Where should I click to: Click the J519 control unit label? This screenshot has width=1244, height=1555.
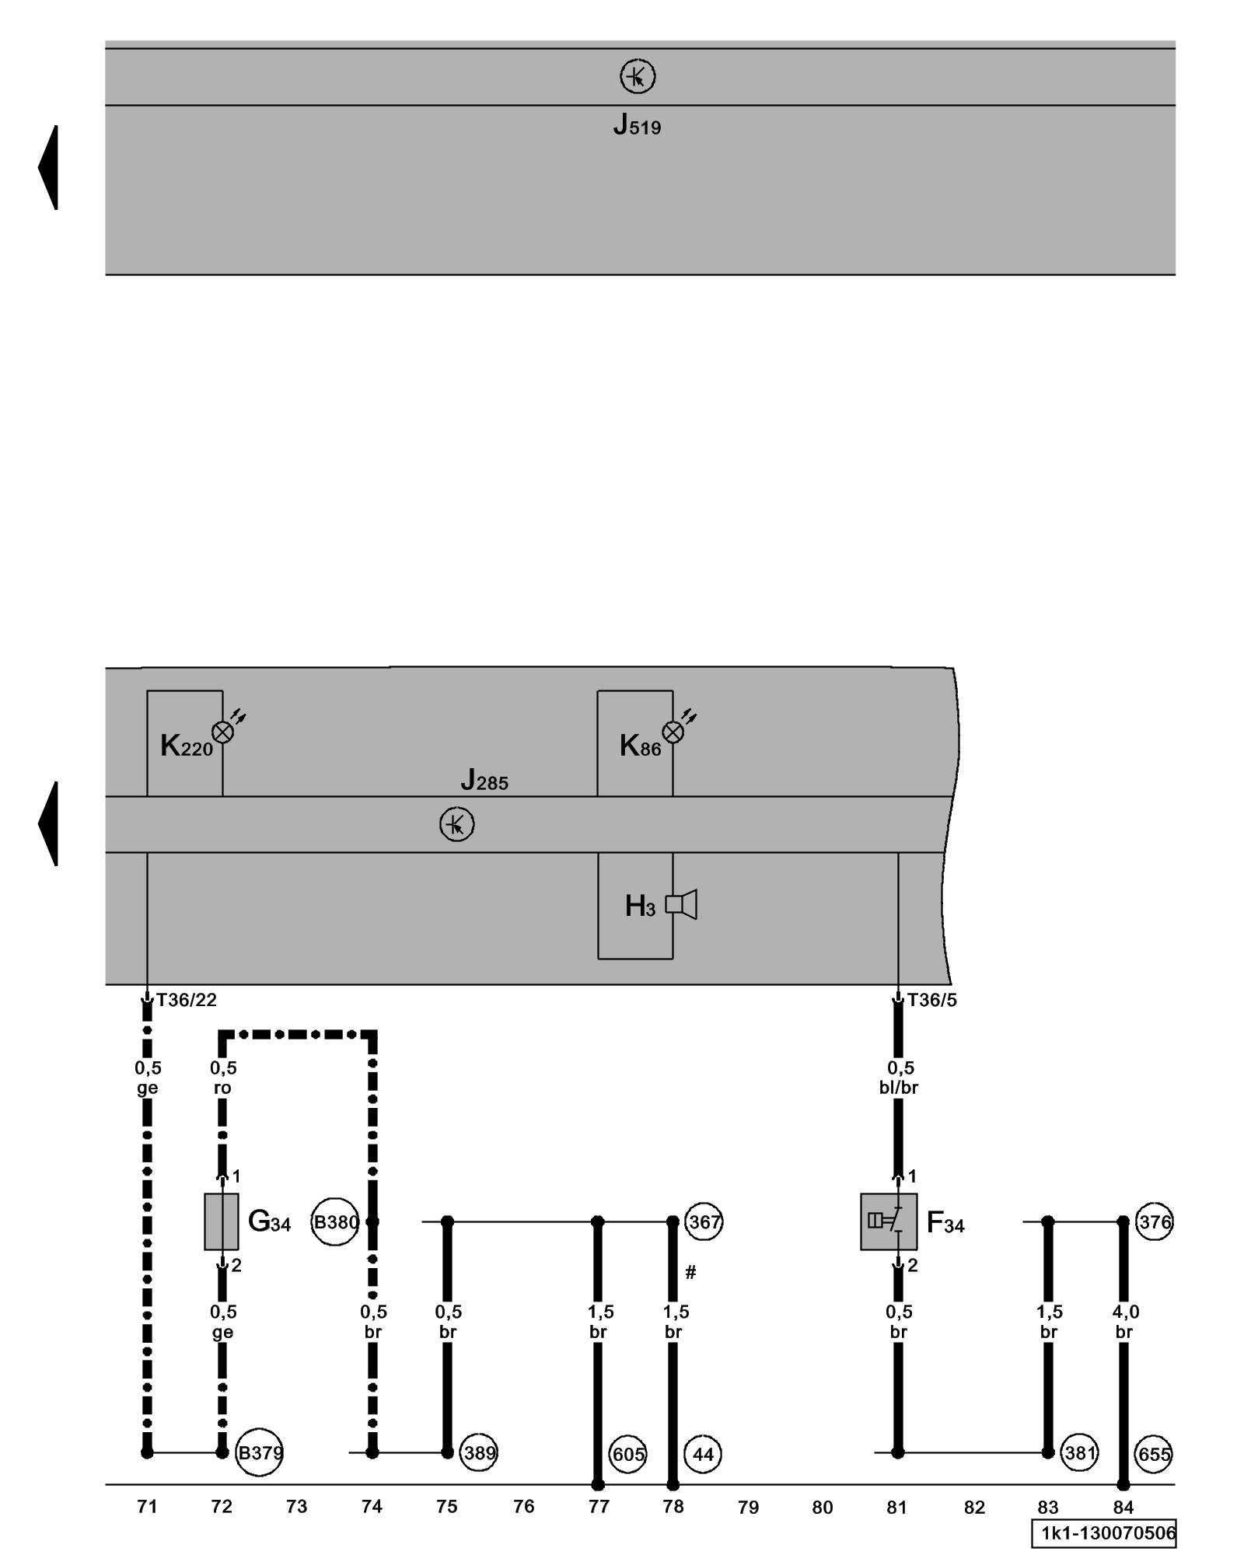[637, 125]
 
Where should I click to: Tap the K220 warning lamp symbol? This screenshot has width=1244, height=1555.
[222, 732]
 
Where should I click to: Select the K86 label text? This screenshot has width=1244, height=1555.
[640, 746]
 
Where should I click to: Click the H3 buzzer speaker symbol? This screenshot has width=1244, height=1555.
[682, 904]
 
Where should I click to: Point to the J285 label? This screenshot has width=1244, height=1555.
[484, 780]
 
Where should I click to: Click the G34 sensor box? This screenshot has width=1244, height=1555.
[222, 1221]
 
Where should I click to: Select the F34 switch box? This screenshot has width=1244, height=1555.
[888, 1221]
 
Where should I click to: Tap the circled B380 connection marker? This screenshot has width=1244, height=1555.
[335, 1222]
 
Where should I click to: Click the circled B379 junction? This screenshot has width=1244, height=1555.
[260, 1452]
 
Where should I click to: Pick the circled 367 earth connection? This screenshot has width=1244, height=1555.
[704, 1222]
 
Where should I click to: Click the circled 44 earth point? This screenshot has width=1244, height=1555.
[703, 1453]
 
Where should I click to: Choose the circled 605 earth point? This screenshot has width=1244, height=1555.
[628, 1453]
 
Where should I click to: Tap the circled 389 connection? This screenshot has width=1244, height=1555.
[479, 1452]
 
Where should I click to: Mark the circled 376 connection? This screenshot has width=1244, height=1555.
[1155, 1222]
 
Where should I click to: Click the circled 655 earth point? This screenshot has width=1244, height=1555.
[1154, 1453]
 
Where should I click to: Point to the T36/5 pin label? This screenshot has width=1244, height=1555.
[932, 1001]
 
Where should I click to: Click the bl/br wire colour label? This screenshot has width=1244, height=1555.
[899, 1088]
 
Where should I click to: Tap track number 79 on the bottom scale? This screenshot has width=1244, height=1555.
[748, 1507]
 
